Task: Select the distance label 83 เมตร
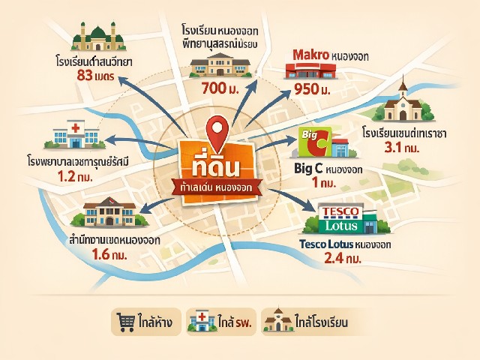pos(94,75)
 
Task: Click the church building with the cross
pos(404,104)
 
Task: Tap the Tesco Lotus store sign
pos(342,219)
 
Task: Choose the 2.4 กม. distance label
pos(343,259)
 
